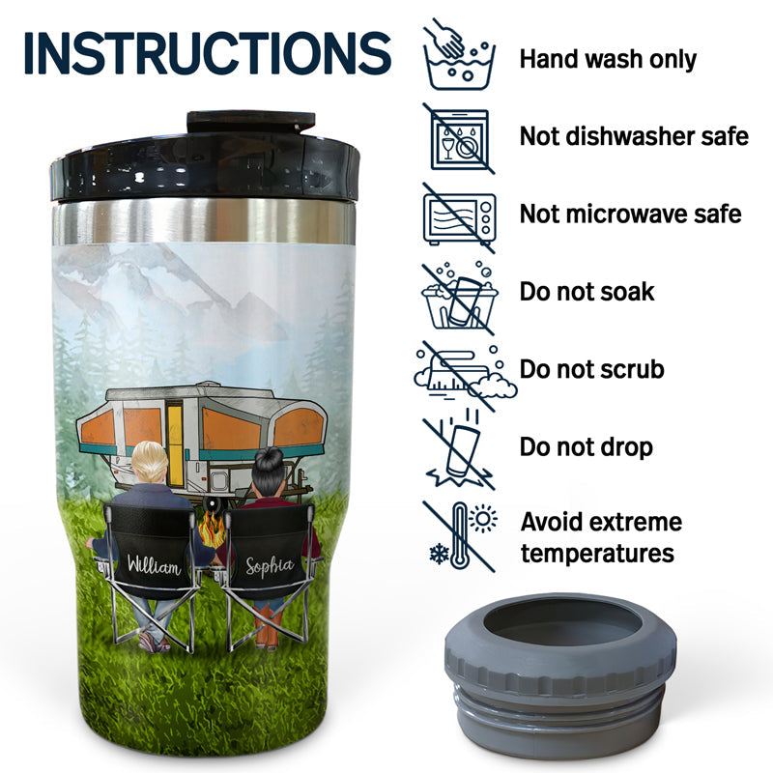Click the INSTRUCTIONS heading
[208, 53]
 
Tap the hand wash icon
[459, 55]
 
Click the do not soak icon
[460, 298]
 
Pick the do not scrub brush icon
[466, 376]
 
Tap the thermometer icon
[460, 536]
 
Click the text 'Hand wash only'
[608, 59]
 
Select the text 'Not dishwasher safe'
[634, 136]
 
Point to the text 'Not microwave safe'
[631, 214]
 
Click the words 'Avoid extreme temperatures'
[601, 537]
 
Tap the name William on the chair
[154, 565]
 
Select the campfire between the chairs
[212, 529]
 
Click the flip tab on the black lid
[251, 122]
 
